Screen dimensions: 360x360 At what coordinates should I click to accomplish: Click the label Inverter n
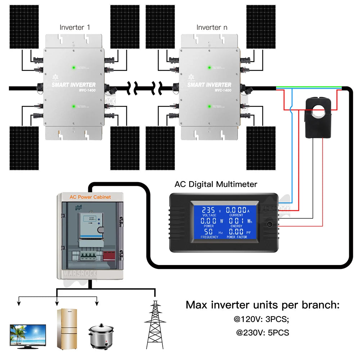(x=212, y=27)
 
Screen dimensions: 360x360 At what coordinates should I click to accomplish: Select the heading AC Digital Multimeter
(x=216, y=184)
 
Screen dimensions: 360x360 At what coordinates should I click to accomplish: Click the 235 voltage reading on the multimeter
(x=209, y=210)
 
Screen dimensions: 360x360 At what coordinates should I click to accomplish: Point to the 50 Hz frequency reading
(x=209, y=231)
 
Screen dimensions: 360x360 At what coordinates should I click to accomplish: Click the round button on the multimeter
(x=270, y=225)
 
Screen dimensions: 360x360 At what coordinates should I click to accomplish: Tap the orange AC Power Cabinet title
(x=90, y=197)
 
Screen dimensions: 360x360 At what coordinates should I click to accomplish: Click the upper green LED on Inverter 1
(x=74, y=67)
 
